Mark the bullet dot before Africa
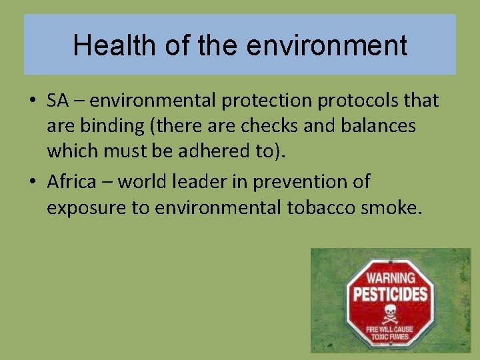coord(32,182)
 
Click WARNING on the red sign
coord(391,277)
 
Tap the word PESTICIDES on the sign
coord(391,294)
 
